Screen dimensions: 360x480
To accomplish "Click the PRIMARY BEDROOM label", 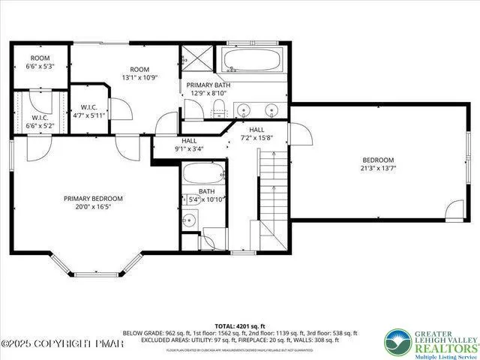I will [x=93, y=198].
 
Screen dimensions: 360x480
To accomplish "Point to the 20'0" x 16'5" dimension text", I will [x=93, y=208].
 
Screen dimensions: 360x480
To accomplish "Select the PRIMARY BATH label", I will [x=208, y=85].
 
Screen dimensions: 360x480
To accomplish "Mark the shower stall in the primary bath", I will [x=197, y=59].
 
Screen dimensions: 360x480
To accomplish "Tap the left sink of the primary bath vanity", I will [x=243, y=111].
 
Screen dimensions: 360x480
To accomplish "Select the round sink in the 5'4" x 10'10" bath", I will [x=190, y=220].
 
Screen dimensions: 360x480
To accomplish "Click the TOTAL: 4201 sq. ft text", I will [x=240, y=325].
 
